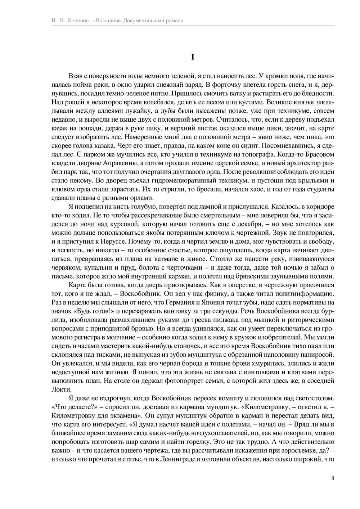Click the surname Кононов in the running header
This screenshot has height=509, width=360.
click(78, 21)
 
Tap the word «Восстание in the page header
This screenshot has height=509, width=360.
click(107, 21)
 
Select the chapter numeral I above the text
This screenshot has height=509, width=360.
click(193, 57)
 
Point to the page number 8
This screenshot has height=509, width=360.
click(332, 478)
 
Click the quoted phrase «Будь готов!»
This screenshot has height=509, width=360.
click(93, 311)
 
